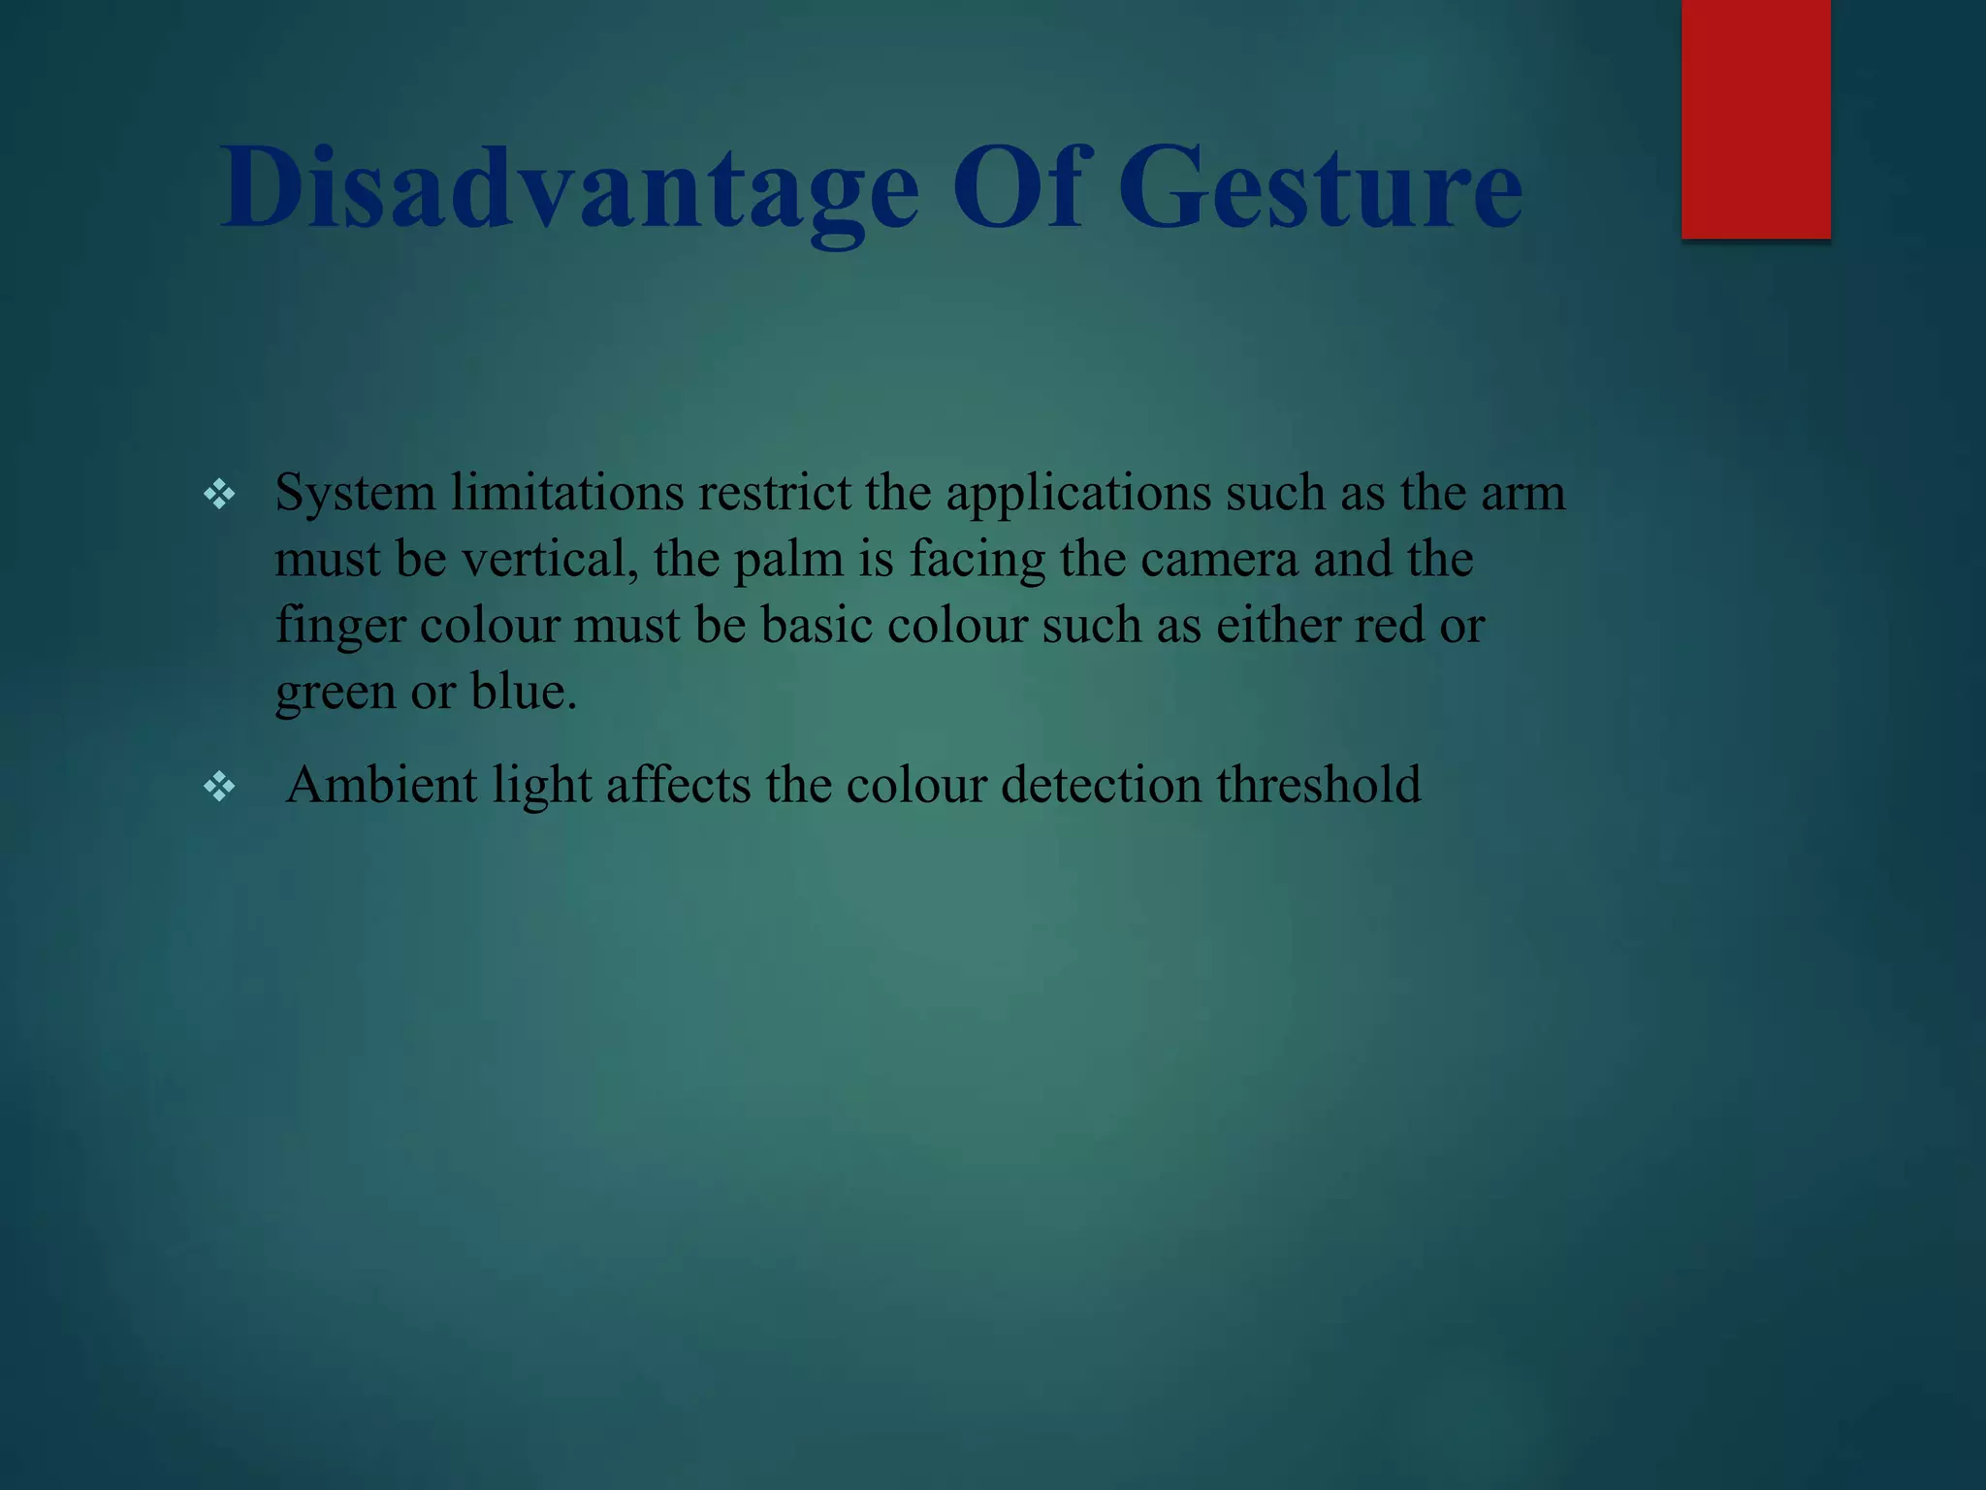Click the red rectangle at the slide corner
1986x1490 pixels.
tap(1755, 118)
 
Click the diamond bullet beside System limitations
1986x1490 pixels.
tap(219, 495)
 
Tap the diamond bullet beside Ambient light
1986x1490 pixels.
tap(219, 786)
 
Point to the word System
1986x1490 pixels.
tap(355, 495)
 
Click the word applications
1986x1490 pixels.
tap(1078, 495)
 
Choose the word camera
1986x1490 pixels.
tap(1219, 560)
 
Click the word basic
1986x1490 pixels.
tap(817, 625)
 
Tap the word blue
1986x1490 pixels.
tap(523, 692)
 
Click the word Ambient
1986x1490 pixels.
tap(381, 785)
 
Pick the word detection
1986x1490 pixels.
tap(1101, 785)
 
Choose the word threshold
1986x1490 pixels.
tap(1319, 785)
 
